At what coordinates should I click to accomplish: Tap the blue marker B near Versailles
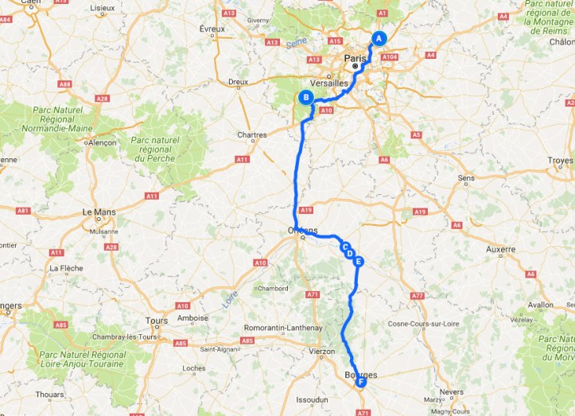click(305, 98)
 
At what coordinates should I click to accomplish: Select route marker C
click(345, 247)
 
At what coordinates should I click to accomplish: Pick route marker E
click(359, 261)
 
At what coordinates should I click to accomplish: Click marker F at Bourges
click(361, 383)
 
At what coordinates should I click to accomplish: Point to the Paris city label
click(355, 57)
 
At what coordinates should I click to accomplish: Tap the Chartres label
click(251, 135)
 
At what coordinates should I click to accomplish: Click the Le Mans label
click(99, 212)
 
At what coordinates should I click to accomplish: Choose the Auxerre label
click(500, 249)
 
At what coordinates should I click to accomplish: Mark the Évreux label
click(213, 29)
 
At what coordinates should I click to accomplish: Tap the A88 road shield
click(64, 84)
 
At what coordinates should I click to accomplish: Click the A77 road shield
click(418, 295)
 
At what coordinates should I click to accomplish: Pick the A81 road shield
click(23, 211)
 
